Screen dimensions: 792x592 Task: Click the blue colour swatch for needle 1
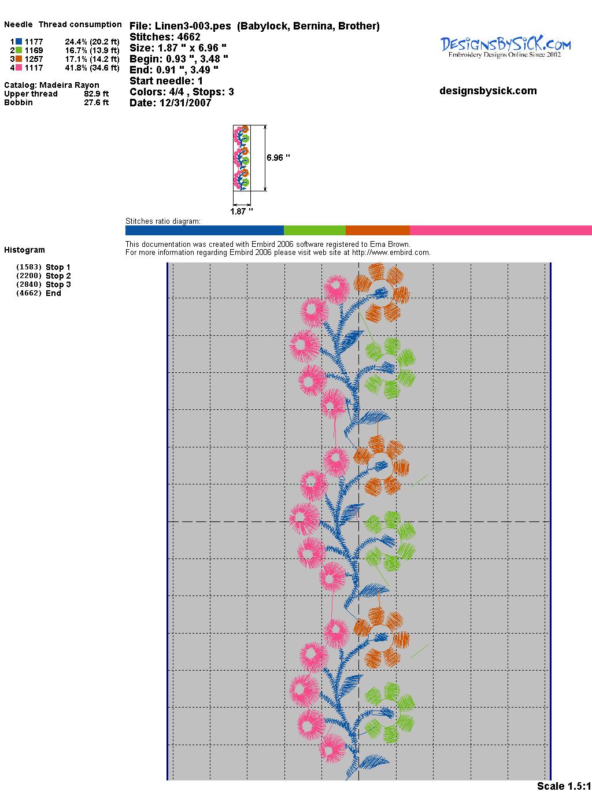click(x=19, y=42)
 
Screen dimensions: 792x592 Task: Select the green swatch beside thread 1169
click(x=19, y=50)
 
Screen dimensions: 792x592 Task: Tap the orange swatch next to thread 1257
click(x=19, y=59)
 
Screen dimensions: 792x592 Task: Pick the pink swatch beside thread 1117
click(x=19, y=68)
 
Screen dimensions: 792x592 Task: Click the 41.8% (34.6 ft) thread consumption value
click(x=92, y=68)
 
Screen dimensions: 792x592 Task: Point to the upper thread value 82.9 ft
click(x=96, y=94)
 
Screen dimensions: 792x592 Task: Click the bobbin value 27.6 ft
click(x=96, y=102)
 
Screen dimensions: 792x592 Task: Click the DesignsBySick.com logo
click(x=505, y=46)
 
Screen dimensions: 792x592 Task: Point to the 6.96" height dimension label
click(x=278, y=157)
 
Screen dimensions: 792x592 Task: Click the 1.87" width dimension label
click(x=241, y=212)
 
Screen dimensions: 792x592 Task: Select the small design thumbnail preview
click(x=242, y=158)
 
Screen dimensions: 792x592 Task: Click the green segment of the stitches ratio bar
click(x=314, y=230)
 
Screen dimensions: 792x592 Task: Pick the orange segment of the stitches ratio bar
click(x=378, y=230)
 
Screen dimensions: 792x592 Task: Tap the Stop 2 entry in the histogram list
click(x=58, y=276)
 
